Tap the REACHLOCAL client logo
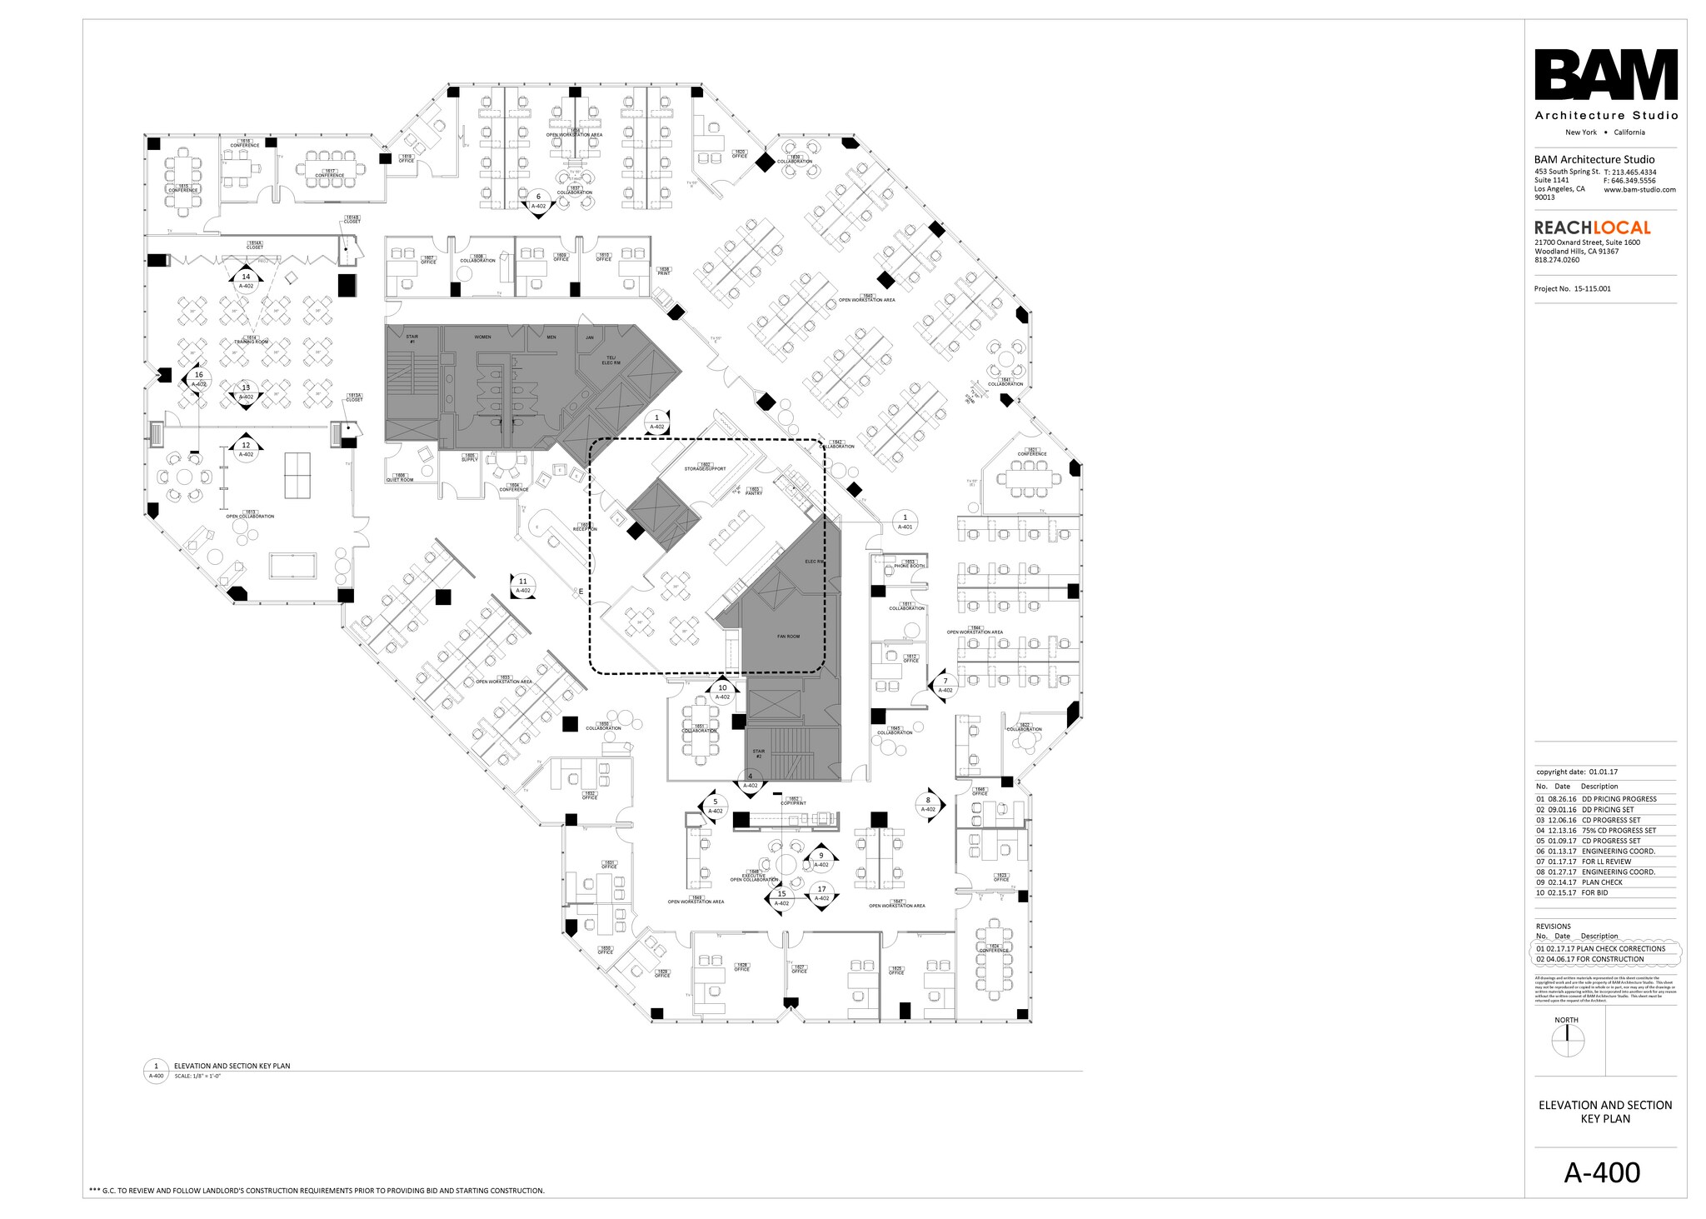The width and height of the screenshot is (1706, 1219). tap(1592, 227)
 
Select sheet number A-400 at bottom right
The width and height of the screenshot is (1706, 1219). tap(1601, 1172)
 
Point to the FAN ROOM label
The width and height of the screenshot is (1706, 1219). tap(788, 637)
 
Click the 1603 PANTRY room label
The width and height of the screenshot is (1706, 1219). tap(754, 492)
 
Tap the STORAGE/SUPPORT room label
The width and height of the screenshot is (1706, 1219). tap(705, 467)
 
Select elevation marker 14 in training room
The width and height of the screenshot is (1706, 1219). tap(246, 278)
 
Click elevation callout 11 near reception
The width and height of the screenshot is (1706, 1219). tap(523, 583)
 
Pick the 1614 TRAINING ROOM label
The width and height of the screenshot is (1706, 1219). tap(251, 340)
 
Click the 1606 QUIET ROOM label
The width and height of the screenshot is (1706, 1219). tap(400, 478)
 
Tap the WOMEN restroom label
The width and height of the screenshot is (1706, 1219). tap(482, 337)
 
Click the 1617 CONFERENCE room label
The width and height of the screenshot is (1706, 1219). tap(329, 173)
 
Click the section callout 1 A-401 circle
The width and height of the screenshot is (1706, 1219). tap(905, 520)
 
